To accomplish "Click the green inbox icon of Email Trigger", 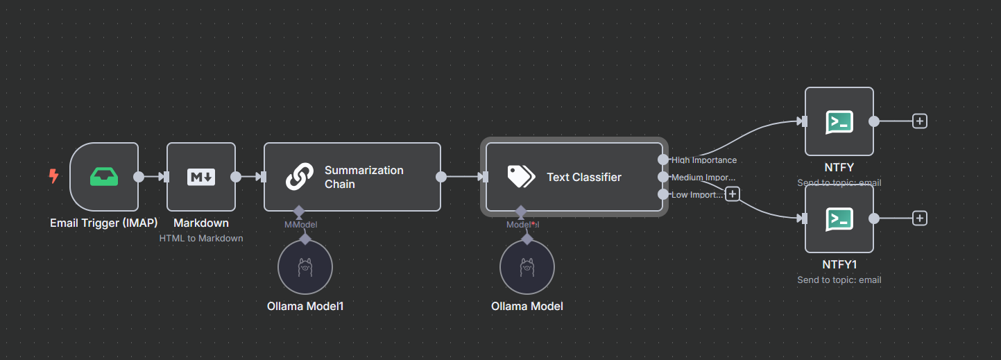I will (104, 177).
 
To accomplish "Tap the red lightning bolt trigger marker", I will (53, 177).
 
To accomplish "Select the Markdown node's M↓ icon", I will (201, 177).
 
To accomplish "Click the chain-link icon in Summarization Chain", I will (300, 177).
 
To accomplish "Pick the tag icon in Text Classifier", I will (520, 177).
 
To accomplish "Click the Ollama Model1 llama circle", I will (305, 268).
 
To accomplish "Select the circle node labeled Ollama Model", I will (527, 268).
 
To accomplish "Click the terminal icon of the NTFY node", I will (839, 121).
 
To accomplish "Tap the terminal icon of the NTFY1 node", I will (839, 218).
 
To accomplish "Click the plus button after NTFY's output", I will (920, 121).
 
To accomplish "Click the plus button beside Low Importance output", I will (732, 194).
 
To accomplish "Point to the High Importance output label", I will (704, 160).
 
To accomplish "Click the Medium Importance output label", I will (703, 178).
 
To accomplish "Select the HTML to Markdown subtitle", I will (201, 238).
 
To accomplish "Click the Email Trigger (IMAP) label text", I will (104, 223).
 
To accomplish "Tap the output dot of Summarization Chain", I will (441, 177).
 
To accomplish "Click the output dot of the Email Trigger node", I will (139, 177).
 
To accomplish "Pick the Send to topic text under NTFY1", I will (839, 280).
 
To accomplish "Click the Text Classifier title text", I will (584, 177).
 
